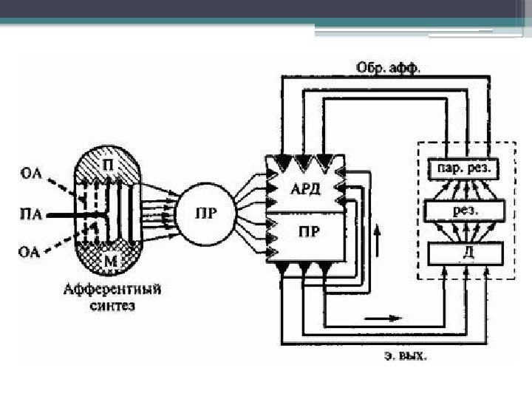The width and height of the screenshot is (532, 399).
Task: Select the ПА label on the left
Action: [x=31, y=215]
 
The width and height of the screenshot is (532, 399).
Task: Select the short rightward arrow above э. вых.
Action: [x=384, y=318]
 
